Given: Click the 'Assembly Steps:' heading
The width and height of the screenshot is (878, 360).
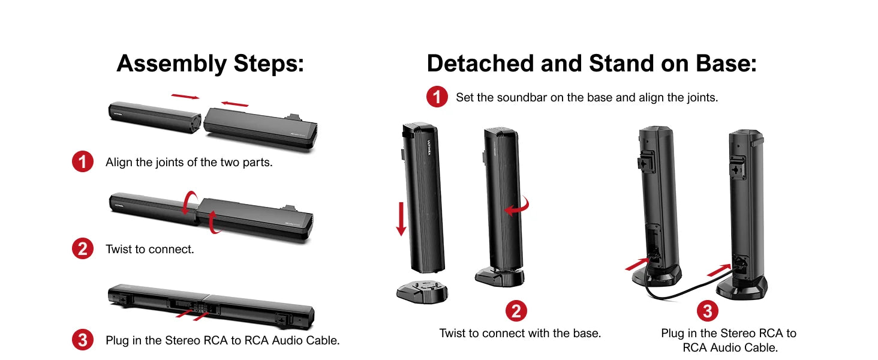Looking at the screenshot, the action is click(x=210, y=64).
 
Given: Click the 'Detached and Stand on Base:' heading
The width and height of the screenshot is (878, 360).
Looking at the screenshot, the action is click(x=591, y=64).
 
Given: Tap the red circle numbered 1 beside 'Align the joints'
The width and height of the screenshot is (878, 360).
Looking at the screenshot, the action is click(x=83, y=161).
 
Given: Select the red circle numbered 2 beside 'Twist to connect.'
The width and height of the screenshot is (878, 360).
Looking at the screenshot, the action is click(x=83, y=248).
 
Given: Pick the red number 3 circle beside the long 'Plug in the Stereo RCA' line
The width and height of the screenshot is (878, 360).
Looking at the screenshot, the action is click(x=83, y=340).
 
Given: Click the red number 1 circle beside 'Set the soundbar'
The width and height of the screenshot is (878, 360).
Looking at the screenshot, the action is click(x=437, y=97).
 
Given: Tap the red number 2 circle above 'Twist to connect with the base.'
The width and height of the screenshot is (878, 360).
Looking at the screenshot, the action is click(x=516, y=311).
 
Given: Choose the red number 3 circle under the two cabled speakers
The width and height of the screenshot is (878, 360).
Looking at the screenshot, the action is click(x=708, y=311).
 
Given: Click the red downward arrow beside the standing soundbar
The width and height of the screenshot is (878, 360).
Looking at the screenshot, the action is click(x=401, y=219).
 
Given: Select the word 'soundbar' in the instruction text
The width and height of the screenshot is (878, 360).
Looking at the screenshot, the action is click(x=522, y=97).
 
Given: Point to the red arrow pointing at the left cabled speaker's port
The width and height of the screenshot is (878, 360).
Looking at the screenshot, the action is click(x=637, y=264).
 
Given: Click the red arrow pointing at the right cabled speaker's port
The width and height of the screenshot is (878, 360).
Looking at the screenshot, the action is click(x=719, y=271).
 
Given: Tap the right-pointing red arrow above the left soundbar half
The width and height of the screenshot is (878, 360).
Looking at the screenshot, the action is click(x=185, y=97).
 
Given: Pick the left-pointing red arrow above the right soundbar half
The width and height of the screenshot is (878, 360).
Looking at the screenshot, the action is click(x=234, y=104).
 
